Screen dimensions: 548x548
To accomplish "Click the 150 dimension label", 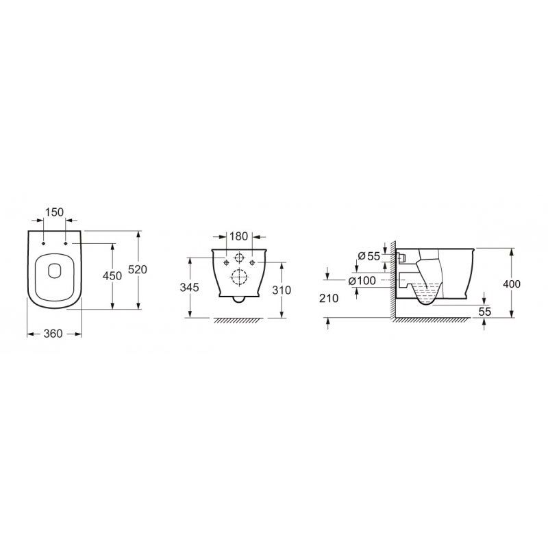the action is tap(55, 212).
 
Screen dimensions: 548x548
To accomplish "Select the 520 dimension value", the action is tap(138, 269).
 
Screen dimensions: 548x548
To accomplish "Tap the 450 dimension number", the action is tap(112, 276).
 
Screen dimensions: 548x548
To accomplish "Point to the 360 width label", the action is tap(53, 334).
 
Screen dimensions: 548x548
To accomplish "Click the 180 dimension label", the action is tap(238, 236).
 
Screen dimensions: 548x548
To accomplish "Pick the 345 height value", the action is tap(190, 287).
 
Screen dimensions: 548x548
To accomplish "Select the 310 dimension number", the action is tap(282, 290).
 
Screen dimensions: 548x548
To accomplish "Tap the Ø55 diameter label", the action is tap(369, 256).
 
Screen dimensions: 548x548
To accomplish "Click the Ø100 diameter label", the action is tap(362, 281).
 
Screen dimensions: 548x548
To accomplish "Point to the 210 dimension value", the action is tap(329, 298).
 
